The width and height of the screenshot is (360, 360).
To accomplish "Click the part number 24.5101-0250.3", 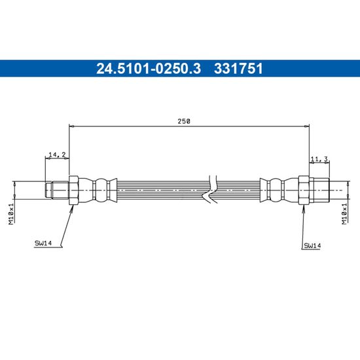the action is pyautogui.click(x=149, y=69).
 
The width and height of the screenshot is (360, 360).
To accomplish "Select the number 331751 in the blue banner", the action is pyautogui.click(x=238, y=69).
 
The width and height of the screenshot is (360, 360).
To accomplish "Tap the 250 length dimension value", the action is pyautogui.click(x=184, y=121).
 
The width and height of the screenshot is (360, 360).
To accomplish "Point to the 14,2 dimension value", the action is pyautogui.click(x=57, y=154).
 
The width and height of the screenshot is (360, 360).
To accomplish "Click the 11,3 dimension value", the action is pyautogui.click(x=319, y=158).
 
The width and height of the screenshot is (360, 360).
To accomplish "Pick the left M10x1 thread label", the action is pyautogui.click(x=11, y=213).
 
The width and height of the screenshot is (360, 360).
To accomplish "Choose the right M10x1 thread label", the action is pyautogui.click(x=344, y=213).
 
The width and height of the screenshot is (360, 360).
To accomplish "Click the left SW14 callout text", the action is pyautogui.click(x=43, y=243).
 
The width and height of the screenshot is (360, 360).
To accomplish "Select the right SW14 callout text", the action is pyautogui.click(x=312, y=245).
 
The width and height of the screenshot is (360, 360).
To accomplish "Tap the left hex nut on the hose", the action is pyautogui.click(x=74, y=190).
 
